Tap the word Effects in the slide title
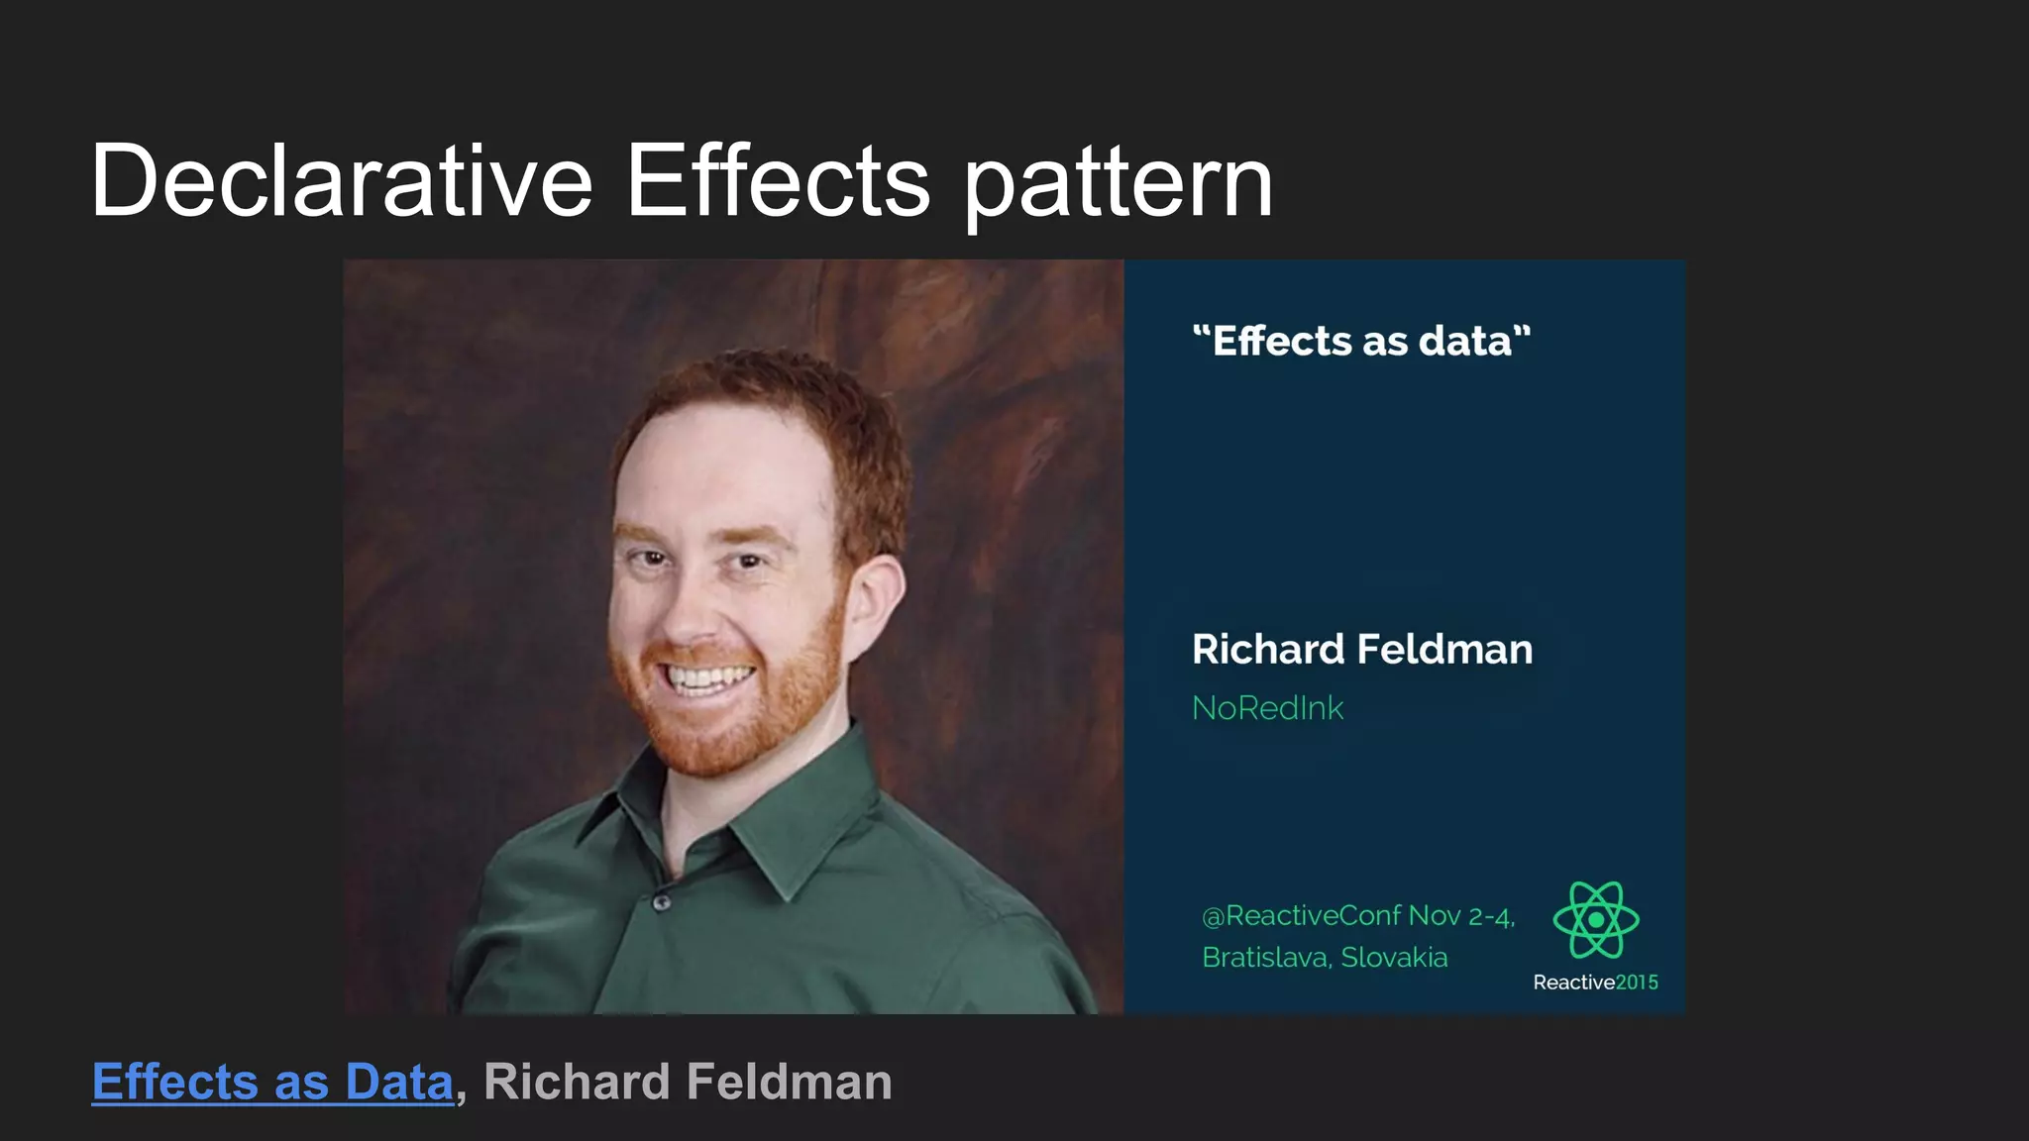tap(778, 180)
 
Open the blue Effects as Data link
tap(272, 1082)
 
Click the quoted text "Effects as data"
tap(1361, 341)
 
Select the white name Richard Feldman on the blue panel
tap(1361, 650)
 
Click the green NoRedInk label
tap(1267, 708)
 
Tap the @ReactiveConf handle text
tap(1302, 916)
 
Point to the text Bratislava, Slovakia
tap(1325, 958)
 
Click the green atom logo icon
tap(1595, 920)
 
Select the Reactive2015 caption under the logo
tap(1595, 983)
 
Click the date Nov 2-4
tap(1461, 916)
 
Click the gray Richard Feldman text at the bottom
tap(688, 1082)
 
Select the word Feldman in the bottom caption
tap(789, 1082)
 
